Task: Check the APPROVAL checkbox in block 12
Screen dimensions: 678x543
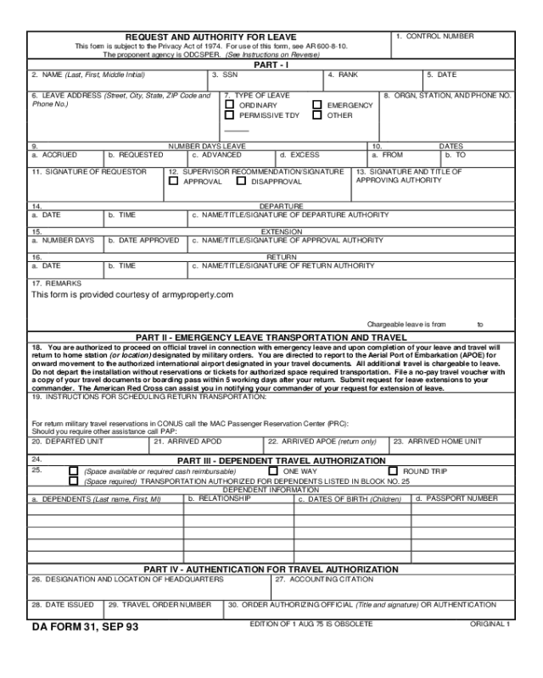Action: [x=174, y=181]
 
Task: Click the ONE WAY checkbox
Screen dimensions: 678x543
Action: [x=273, y=470]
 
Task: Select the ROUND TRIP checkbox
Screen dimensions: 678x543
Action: [x=393, y=470]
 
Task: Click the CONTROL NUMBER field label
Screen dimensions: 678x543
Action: [x=434, y=36]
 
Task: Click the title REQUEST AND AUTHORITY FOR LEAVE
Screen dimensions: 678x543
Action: [x=210, y=37]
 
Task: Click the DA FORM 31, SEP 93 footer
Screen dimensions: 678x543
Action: [x=83, y=627]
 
